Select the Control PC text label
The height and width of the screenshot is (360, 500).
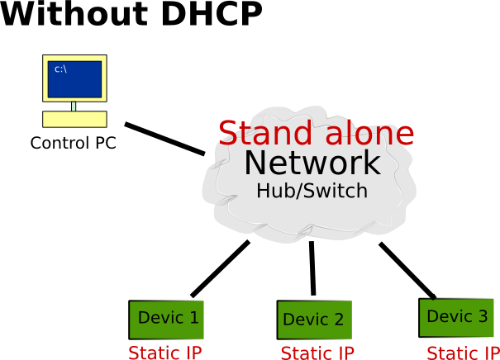(73, 143)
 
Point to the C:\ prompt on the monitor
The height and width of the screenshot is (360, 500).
(60, 69)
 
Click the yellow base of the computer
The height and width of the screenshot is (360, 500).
(74, 118)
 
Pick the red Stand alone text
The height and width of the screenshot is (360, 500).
(316, 133)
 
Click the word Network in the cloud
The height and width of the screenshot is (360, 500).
(312, 163)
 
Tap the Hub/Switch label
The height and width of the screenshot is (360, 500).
(312, 190)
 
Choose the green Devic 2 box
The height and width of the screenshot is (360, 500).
(313, 320)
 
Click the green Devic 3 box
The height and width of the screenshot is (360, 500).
(457, 317)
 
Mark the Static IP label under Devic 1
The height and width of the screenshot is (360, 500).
(165, 353)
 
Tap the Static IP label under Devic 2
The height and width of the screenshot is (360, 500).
(317, 353)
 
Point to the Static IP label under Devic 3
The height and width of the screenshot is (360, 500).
(463, 353)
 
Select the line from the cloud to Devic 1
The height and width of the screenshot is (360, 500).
(220, 268)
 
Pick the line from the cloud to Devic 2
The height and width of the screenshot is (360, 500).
(312, 268)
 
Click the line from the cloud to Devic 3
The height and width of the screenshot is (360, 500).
(407, 268)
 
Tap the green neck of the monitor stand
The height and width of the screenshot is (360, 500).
(74, 106)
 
